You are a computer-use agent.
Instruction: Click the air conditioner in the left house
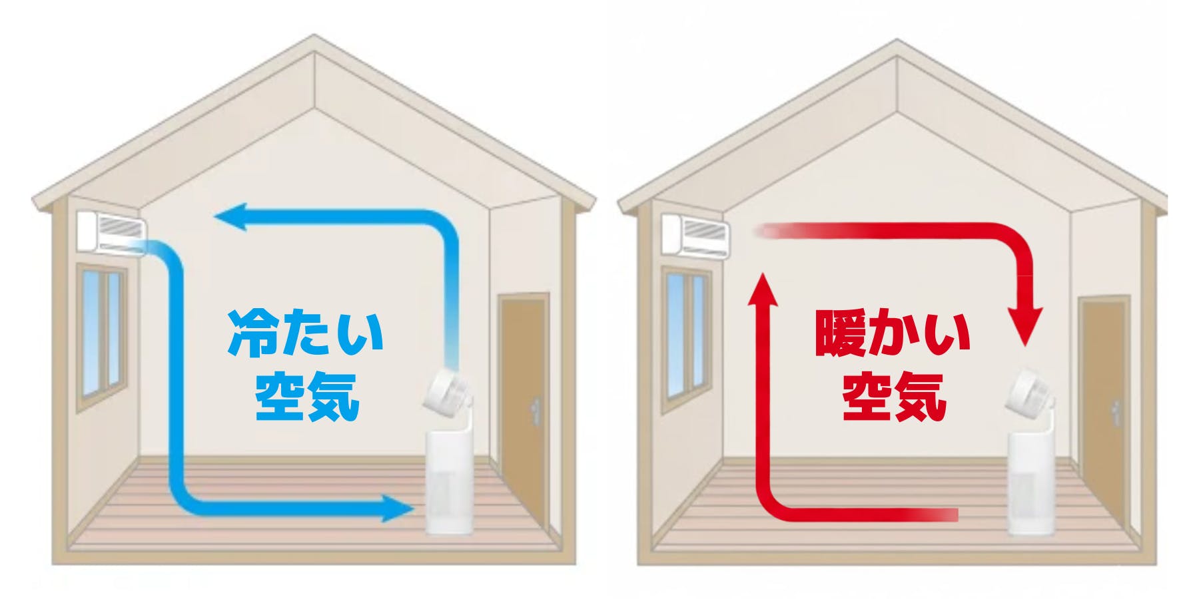112,230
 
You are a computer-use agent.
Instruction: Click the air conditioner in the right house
695,234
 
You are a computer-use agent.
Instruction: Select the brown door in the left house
526,373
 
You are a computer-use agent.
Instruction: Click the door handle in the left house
536,410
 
